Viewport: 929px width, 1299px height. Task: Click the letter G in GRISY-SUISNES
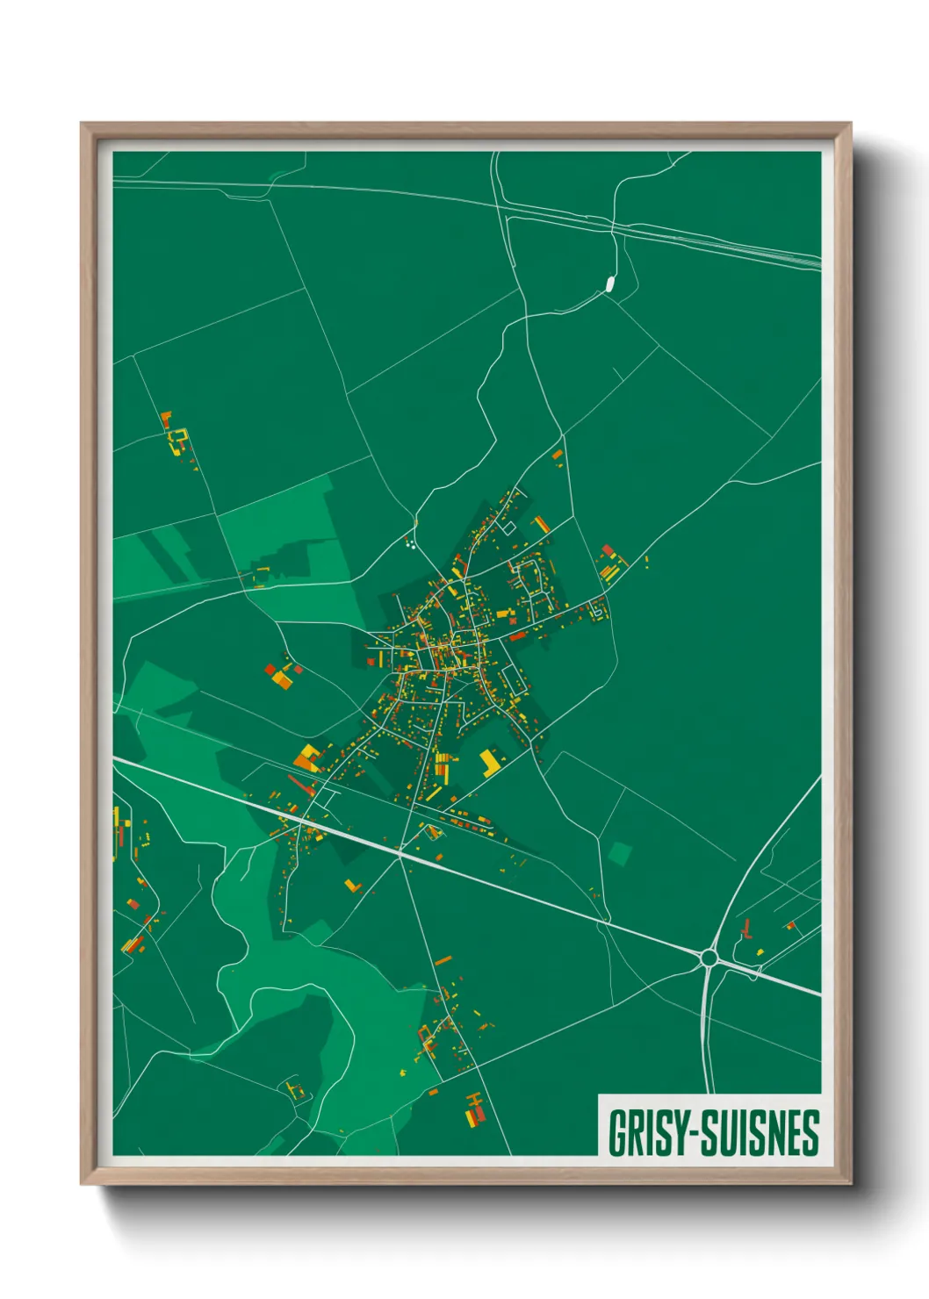tap(617, 1133)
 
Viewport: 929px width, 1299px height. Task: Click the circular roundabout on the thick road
tap(709, 958)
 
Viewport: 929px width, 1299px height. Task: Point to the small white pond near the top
tap(608, 283)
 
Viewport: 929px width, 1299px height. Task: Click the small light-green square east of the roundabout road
tap(620, 852)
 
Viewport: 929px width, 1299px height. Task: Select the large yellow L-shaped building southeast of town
tap(489, 763)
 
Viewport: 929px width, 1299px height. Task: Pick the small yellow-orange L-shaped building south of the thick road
tap(353, 886)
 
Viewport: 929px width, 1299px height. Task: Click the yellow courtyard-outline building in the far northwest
tap(178, 439)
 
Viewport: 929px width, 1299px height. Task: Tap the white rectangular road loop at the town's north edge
tap(508, 529)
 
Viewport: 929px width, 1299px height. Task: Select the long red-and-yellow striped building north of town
tap(541, 525)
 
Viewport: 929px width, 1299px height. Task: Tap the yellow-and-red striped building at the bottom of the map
tap(474, 1110)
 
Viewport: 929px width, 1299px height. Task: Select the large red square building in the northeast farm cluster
tap(608, 550)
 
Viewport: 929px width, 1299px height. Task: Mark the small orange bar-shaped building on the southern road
tap(443, 960)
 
